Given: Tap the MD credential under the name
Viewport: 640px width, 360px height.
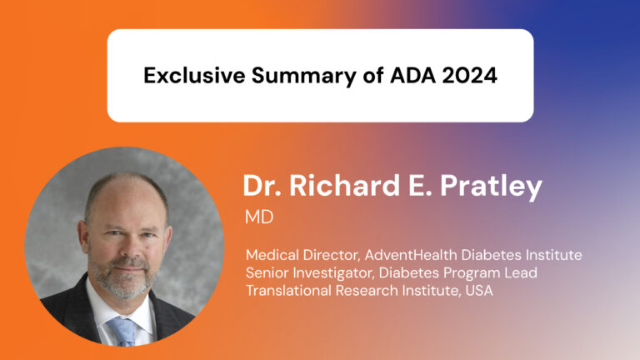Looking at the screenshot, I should [x=258, y=218].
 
